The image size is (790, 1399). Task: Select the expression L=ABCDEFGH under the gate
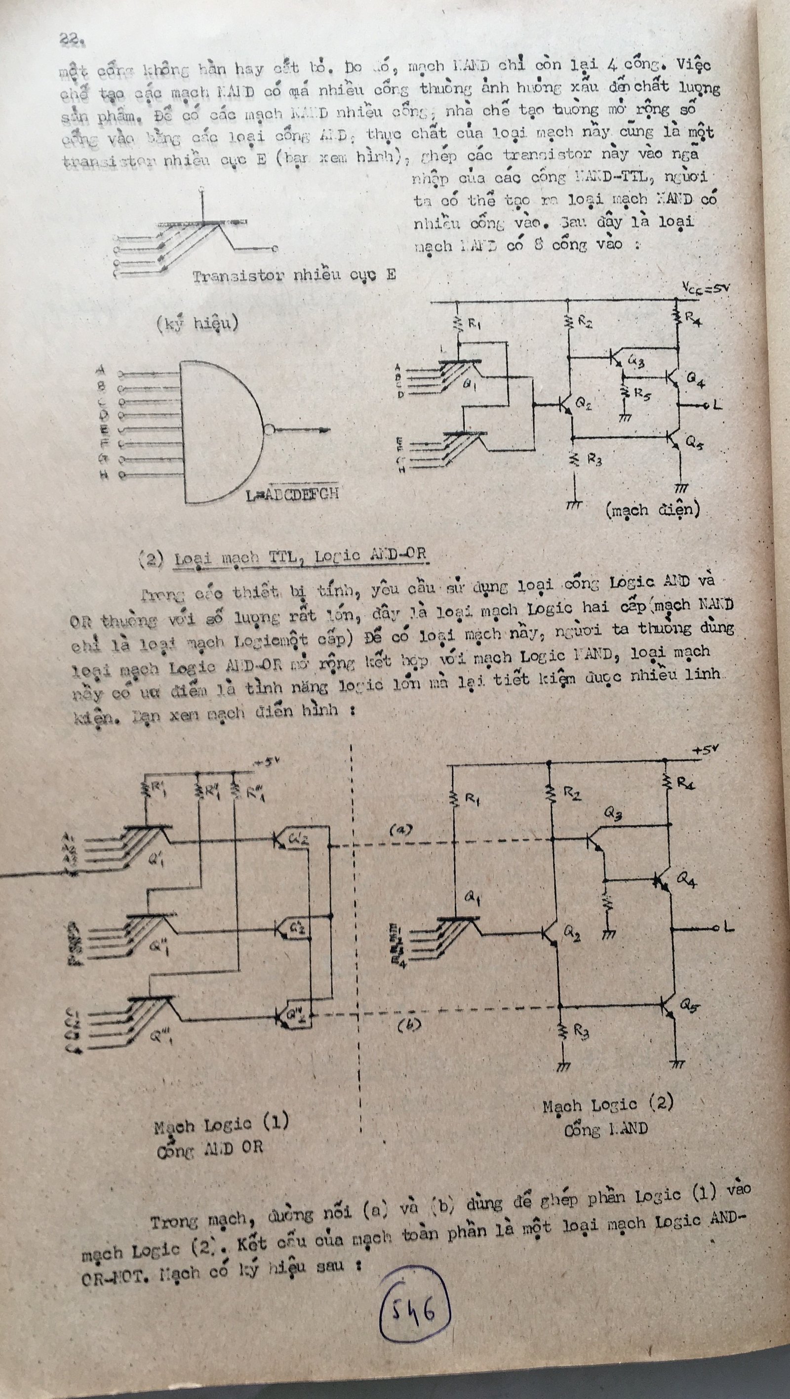tap(292, 494)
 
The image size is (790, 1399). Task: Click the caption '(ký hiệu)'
tap(197, 324)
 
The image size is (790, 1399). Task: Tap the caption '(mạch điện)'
tap(653, 509)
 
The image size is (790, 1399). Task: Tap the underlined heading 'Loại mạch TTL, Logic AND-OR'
tap(301, 556)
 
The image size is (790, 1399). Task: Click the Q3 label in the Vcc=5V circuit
tap(635, 361)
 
